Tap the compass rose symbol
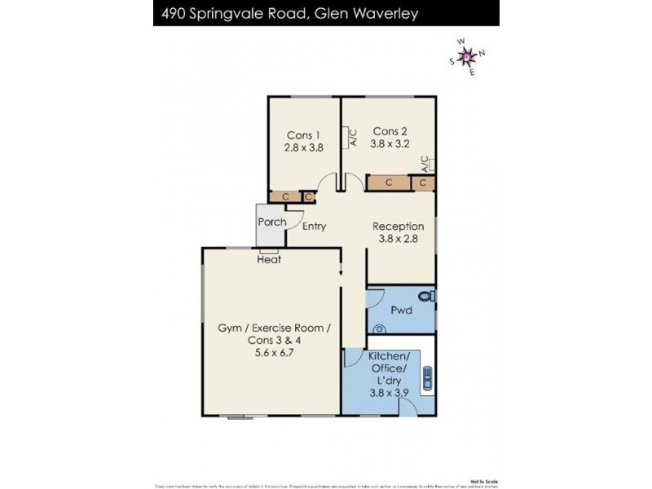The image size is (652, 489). [x=467, y=56]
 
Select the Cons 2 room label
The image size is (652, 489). [x=390, y=130]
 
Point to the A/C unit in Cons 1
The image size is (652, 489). [x=347, y=137]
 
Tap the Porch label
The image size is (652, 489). [x=271, y=222]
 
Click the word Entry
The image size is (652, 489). [x=314, y=227]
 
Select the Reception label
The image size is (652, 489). [x=398, y=227]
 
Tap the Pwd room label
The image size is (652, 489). [x=401, y=311]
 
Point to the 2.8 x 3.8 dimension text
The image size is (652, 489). [x=304, y=148]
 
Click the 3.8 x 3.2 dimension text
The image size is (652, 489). [x=390, y=143]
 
